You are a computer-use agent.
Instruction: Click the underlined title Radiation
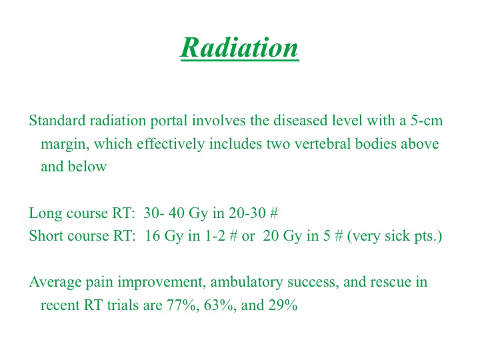239,48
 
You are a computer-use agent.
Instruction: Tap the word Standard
57,120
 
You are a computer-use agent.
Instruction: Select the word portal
169,121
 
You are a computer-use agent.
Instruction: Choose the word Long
45,213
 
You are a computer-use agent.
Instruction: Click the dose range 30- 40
163,213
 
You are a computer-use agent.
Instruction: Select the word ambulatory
247,282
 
